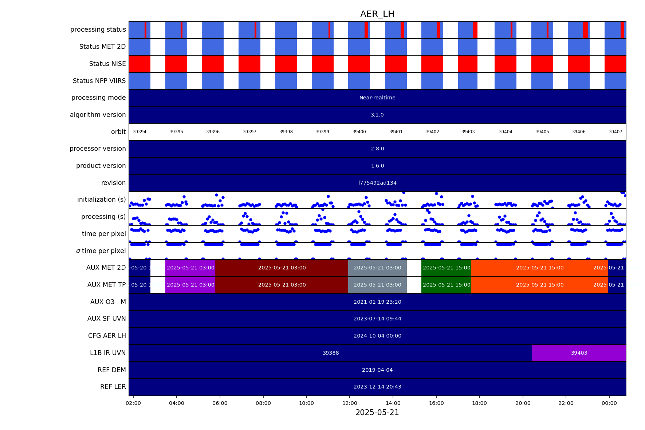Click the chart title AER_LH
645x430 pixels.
(x=377, y=15)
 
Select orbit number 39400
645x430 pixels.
(x=359, y=132)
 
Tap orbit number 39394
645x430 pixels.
(x=139, y=132)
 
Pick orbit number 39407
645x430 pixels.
(x=615, y=132)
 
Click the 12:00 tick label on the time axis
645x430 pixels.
(x=350, y=403)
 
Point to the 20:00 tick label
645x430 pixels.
(x=523, y=403)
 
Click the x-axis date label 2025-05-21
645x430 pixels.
(x=377, y=413)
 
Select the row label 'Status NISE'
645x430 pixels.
(x=107, y=64)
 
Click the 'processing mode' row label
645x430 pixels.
(x=99, y=98)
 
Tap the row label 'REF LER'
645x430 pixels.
(x=113, y=387)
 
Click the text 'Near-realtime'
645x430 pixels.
(x=377, y=98)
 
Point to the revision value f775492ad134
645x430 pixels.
(x=377, y=183)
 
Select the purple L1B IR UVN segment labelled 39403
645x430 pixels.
(x=579, y=353)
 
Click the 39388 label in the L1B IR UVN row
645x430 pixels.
(x=331, y=353)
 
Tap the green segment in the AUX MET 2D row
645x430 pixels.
(x=446, y=268)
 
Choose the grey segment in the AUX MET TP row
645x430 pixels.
(x=377, y=285)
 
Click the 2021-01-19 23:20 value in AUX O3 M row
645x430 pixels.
(x=377, y=302)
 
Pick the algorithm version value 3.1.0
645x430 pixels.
(x=377, y=115)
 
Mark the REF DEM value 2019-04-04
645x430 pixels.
(x=377, y=370)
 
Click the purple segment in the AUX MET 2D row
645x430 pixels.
(x=190, y=268)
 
